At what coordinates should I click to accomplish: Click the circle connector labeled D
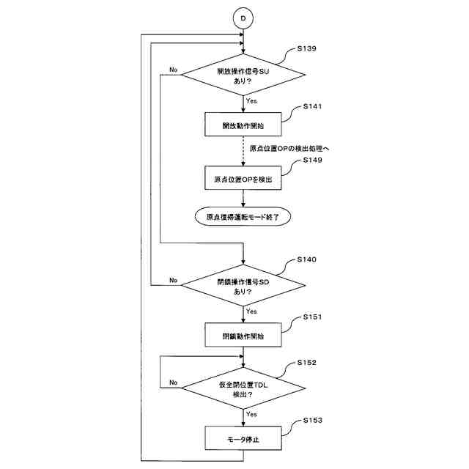pos(243,15)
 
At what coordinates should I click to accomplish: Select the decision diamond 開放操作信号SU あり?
pos(243,76)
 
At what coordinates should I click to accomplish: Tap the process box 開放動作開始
pos(243,125)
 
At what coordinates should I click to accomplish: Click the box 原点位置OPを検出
pos(243,179)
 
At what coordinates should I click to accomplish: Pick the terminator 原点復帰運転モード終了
pos(243,216)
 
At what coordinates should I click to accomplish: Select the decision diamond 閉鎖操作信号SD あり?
pos(243,286)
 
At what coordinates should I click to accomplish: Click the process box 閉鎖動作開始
pos(243,337)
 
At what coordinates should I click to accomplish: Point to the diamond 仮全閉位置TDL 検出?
pos(243,388)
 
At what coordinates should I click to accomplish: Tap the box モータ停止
pos(243,440)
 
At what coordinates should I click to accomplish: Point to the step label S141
pos(311,106)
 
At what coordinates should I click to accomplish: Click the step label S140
pos(307,260)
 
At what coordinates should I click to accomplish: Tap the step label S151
pos(311,318)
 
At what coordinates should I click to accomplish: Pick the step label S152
pos(307,363)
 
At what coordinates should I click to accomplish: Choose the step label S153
pos(311,421)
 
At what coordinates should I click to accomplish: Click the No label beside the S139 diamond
pos(173,70)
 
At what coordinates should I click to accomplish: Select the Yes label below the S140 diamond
pos(251,311)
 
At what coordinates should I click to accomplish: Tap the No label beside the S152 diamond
pos(173,383)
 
